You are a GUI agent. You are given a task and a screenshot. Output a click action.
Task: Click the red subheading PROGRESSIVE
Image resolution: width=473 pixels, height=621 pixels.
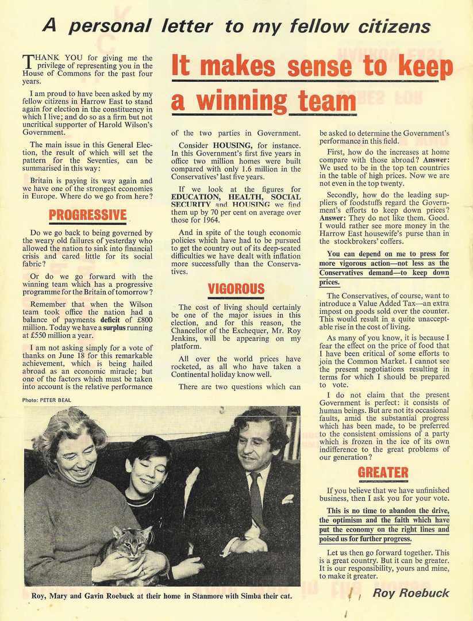(88, 216)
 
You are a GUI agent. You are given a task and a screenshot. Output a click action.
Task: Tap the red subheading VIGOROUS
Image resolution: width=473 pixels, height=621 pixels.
(236, 289)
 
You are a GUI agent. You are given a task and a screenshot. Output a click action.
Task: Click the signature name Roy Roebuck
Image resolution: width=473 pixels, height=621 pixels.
(411, 593)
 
